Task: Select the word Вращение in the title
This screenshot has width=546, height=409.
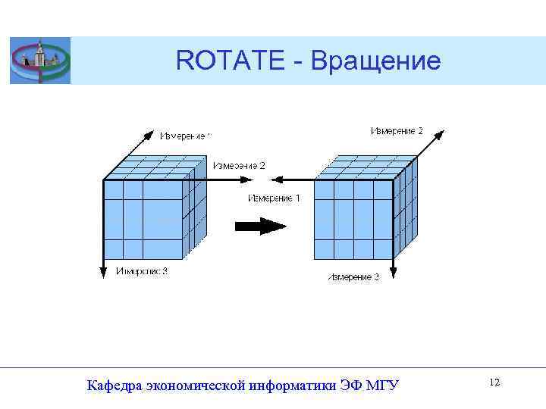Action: click(x=375, y=61)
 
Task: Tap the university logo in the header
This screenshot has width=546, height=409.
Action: click(x=39, y=61)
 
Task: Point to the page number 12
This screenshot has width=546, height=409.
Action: click(x=494, y=383)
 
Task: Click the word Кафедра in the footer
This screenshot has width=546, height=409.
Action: click(x=114, y=386)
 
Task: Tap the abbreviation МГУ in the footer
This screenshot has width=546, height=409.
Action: click(x=382, y=386)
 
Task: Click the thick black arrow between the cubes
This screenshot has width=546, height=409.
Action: click(x=259, y=226)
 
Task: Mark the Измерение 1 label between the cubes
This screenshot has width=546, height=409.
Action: click(x=275, y=198)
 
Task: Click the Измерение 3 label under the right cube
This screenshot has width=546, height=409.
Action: click(x=353, y=278)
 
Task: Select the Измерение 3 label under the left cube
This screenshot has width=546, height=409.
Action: click(x=142, y=272)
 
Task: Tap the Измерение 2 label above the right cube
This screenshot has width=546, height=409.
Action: click(x=397, y=132)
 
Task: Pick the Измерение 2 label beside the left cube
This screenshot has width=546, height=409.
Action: click(x=239, y=165)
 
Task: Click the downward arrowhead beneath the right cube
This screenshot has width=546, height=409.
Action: click(x=393, y=271)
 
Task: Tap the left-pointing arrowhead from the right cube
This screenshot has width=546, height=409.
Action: click(x=277, y=180)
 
